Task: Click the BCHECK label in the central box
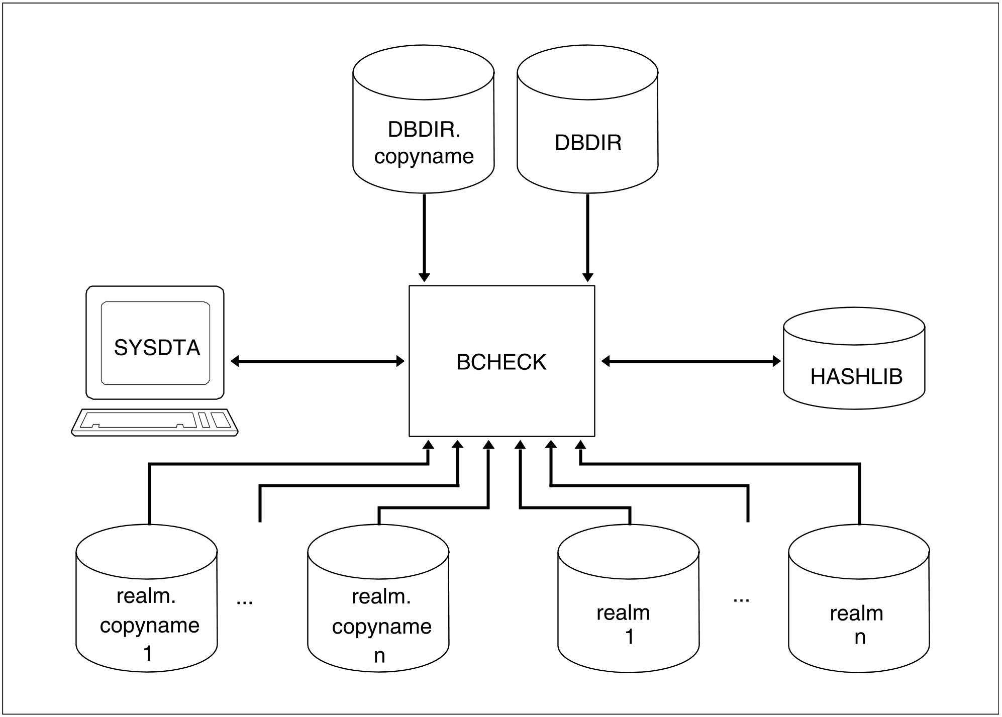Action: coord(501,362)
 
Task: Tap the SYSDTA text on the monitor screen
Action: coord(157,348)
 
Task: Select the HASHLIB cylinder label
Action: coord(856,376)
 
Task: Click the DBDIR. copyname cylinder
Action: coord(424,119)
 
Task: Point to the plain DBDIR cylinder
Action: coord(587,119)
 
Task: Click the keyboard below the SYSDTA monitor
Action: coord(155,422)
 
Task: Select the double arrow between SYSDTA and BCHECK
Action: coord(318,361)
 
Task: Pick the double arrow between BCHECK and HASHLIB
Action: coord(691,361)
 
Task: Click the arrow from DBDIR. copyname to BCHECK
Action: coord(424,238)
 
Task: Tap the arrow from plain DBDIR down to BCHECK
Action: coord(587,238)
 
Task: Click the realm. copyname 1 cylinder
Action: coord(147,598)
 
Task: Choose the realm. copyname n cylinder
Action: coord(378,598)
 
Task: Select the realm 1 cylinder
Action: coord(629,598)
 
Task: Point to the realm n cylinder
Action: coord(859,598)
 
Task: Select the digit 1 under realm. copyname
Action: coord(148,654)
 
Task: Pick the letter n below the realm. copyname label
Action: coord(379,656)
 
